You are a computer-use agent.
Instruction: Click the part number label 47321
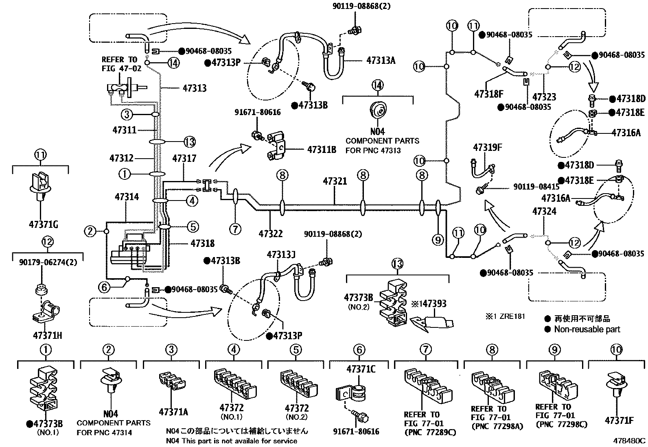[x=335, y=181]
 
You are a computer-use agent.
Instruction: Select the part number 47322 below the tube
[x=271, y=233]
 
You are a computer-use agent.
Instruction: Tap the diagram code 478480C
[x=630, y=440]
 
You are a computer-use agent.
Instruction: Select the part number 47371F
[x=619, y=420]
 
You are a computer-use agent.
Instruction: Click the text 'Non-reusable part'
[x=587, y=329]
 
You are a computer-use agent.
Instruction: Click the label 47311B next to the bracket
[x=322, y=149]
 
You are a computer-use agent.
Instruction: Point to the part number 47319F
[x=487, y=147]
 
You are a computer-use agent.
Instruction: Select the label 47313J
[x=281, y=255]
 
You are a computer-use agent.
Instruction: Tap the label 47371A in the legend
[x=173, y=412]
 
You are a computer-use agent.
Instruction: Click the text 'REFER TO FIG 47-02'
[x=121, y=64]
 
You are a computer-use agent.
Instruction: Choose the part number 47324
[x=544, y=212]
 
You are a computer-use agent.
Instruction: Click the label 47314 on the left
[x=127, y=197]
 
